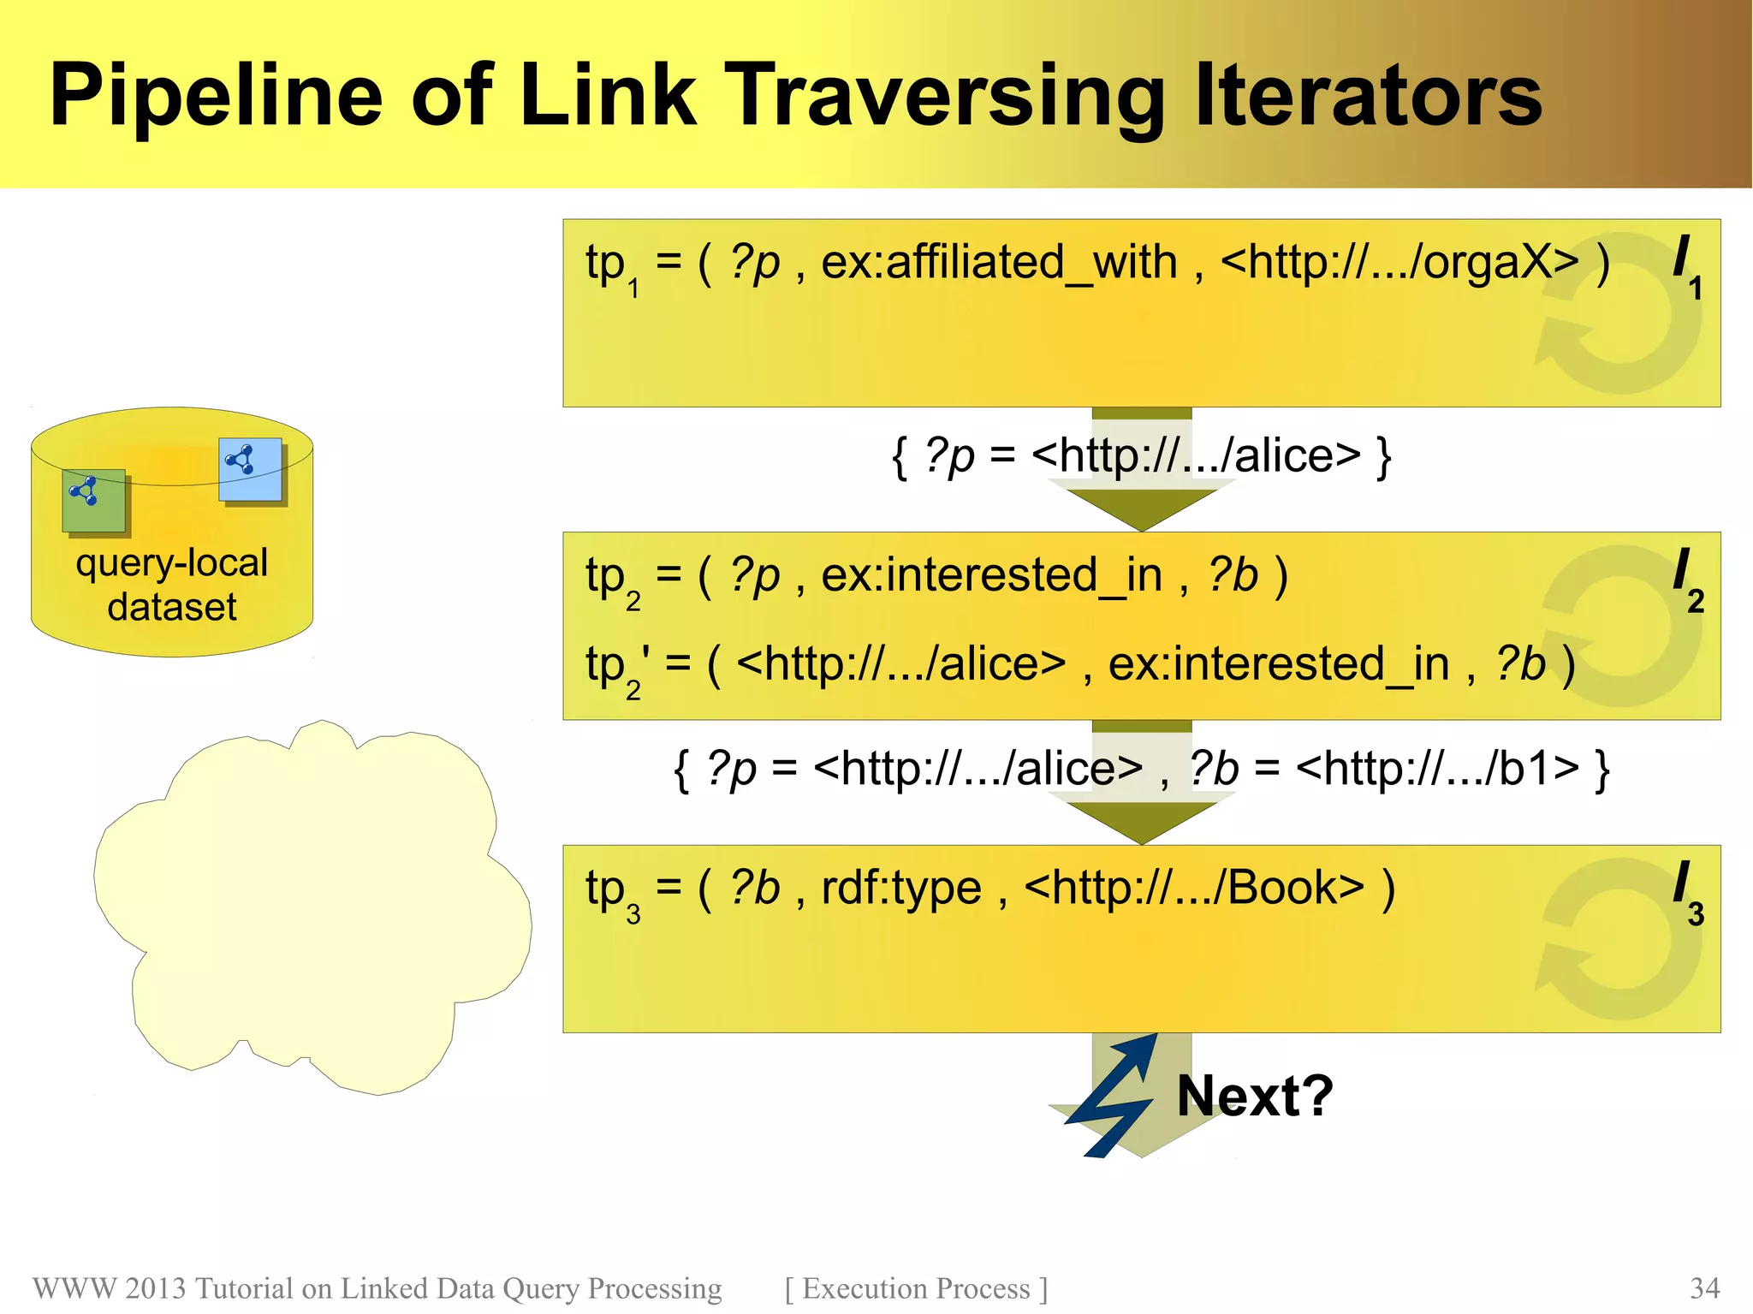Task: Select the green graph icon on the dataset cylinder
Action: point(93,500)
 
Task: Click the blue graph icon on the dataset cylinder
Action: point(250,469)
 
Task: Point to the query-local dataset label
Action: point(172,585)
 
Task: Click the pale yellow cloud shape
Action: point(312,907)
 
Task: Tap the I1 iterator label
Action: point(1686,265)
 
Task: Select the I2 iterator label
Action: point(1687,580)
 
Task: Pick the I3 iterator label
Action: point(1687,892)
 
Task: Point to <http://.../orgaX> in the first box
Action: point(1399,262)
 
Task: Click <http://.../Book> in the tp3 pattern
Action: point(1194,888)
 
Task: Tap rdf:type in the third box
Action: point(900,888)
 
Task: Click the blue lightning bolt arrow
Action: point(1111,1096)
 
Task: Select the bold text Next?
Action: point(1255,1096)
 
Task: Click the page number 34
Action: point(1704,1288)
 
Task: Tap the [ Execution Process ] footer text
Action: point(916,1288)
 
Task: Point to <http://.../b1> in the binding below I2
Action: point(1437,768)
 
